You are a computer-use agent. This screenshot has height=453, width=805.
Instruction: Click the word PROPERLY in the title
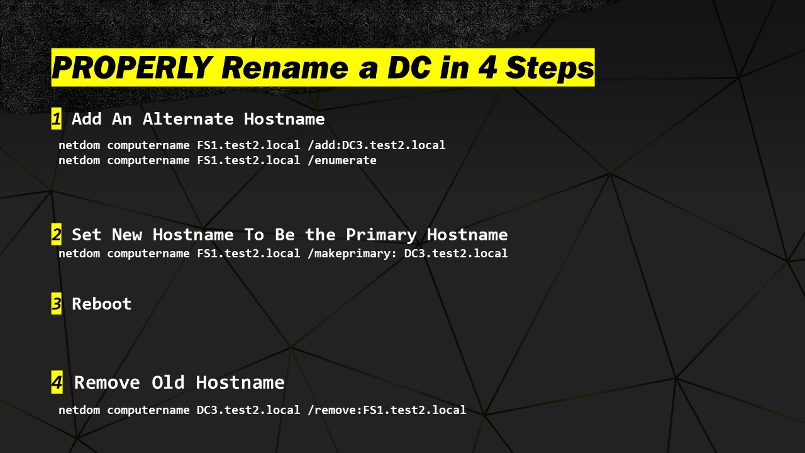(x=132, y=67)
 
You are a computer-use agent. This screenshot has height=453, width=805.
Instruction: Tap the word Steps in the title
(x=550, y=67)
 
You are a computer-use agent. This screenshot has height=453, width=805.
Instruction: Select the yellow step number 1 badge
(x=57, y=119)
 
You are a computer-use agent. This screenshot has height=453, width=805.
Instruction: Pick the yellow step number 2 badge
(x=57, y=235)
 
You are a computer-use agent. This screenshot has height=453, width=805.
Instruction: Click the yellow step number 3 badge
(x=57, y=303)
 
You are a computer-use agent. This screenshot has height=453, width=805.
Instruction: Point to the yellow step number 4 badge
(x=57, y=382)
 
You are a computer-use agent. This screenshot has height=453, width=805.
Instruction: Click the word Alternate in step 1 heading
(x=188, y=119)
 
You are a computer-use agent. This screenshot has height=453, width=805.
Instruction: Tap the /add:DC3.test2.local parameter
(x=377, y=145)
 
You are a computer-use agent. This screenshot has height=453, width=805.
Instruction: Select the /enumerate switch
(x=342, y=160)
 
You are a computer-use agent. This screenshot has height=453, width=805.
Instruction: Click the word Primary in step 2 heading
(x=381, y=235)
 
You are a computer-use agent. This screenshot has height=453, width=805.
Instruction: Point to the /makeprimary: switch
(x=352, y=254)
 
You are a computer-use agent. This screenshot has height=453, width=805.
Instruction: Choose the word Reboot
(x=102, y=304)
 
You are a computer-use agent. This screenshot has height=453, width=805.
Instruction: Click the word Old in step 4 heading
(x=168, y=382)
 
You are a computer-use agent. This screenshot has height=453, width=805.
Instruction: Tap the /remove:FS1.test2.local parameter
(x=387, y=410)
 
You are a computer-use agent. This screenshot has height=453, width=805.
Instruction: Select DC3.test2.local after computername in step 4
(x=248, y=410)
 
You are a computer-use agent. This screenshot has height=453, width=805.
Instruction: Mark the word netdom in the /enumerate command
(x=79, y=160)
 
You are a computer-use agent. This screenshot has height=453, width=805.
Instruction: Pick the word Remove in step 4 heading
(x=107, y=382)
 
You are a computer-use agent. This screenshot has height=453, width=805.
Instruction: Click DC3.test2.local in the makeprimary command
(x=456, y=254)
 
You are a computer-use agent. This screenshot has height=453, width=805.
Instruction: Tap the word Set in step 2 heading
(x=87, y=235)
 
